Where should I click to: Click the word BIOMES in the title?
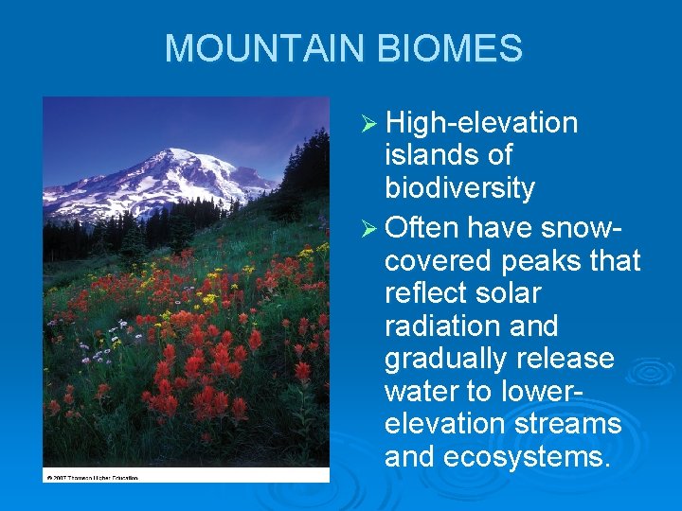click(461, 49)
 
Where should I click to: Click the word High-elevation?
click(482, 123)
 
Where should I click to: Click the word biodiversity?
click(459, 188)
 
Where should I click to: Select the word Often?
click(422, 227)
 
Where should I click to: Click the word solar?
click(509, 293)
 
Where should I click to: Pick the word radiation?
click(443, 326)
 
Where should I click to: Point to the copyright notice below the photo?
click(91, 478)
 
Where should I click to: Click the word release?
click(567, 360)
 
